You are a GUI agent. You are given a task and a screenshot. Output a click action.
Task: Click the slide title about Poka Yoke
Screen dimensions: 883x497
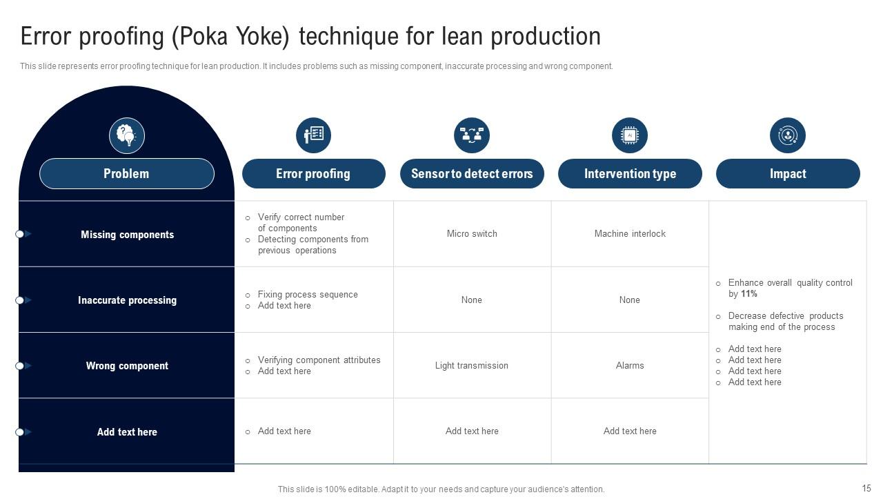[310, 37]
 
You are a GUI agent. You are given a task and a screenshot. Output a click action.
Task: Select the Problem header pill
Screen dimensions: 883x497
[126, 174]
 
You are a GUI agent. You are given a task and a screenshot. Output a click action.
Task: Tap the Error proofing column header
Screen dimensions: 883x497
[313, 174]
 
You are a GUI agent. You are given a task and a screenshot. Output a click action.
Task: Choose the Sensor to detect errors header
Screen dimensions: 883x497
[472, 174]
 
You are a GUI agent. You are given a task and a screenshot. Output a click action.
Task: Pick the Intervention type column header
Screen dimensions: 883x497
[630, 174]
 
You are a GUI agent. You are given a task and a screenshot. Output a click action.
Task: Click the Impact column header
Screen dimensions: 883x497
[788, 174]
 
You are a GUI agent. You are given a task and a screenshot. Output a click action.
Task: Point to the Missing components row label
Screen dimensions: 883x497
[127, 235]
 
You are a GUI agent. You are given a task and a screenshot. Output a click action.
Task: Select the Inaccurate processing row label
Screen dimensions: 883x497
[127, 300]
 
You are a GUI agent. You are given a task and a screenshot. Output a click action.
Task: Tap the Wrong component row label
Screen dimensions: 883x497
[127, 366]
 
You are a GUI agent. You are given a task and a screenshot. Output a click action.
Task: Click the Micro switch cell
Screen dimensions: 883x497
[472, 234]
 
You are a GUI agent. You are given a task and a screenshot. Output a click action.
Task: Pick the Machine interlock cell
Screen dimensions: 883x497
[630, 234]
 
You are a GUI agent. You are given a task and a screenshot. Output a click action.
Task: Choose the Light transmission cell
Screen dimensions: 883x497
[472, 366]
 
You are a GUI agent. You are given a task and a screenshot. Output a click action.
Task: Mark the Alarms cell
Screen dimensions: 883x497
[630, 366]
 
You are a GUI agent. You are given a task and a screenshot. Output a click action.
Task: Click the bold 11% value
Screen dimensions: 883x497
[749, 294]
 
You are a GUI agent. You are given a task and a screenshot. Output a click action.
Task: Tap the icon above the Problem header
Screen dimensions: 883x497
[126, 135]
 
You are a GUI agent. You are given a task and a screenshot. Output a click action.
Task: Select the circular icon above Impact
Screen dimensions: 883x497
[788, 135]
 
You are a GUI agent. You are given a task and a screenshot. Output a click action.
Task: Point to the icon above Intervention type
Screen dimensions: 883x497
[630, 135]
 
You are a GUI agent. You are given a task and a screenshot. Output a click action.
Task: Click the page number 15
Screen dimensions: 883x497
[866, 488]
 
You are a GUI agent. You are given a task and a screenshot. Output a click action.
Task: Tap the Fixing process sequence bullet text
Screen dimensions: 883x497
[308, 295]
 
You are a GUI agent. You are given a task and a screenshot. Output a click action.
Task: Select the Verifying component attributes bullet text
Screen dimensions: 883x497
[319, 360]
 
